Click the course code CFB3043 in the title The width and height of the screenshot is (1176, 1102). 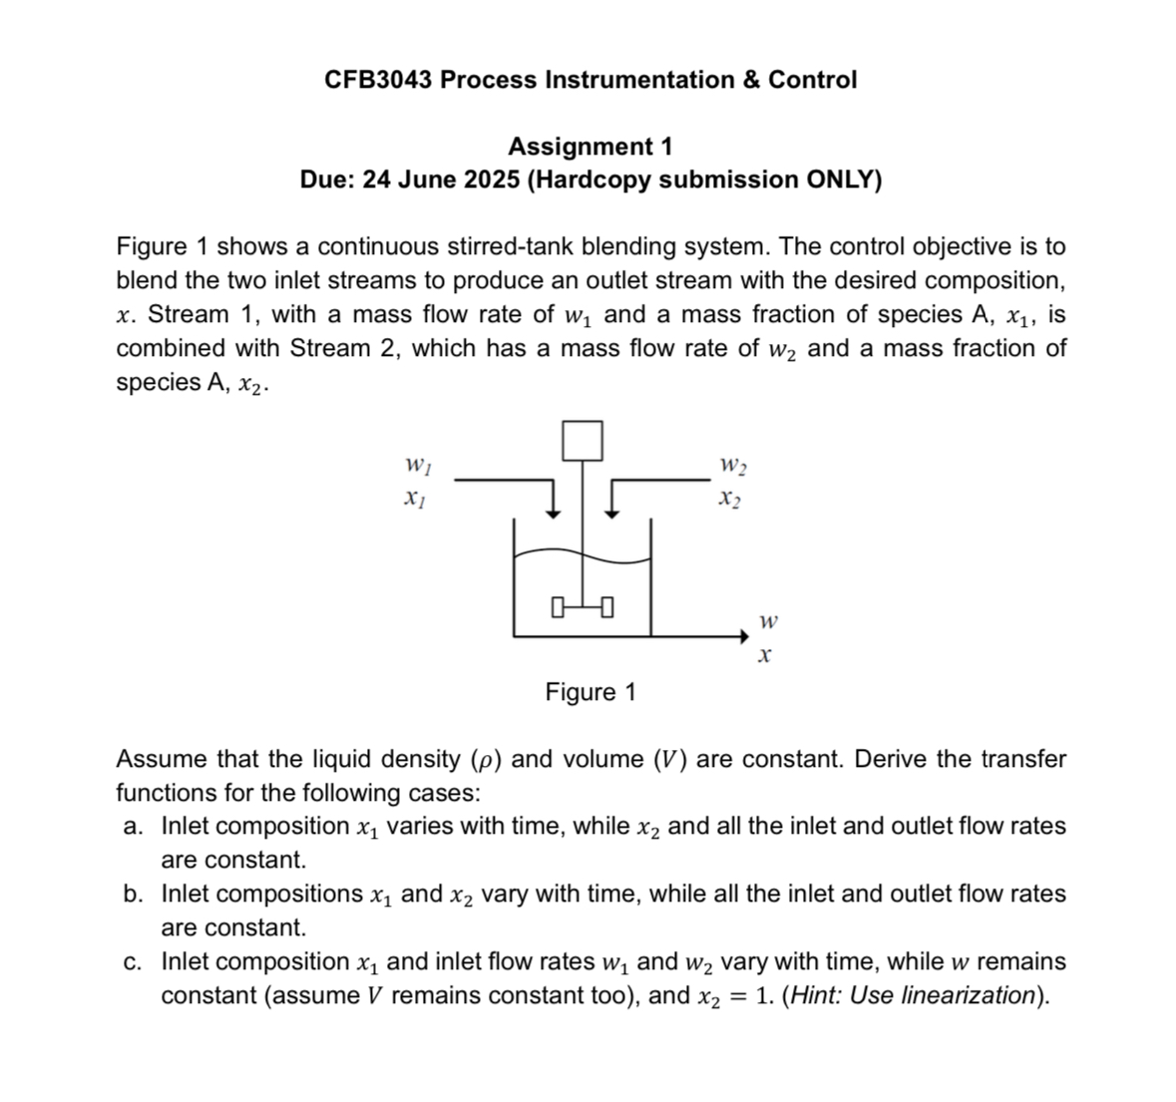(x=378, y=80)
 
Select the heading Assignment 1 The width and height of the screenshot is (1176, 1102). (x=590, y=147)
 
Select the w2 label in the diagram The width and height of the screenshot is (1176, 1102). (x=732, y=466)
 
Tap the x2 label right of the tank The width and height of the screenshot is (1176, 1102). (x=731, y=499)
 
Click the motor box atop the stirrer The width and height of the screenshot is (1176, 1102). (x=583, y=440)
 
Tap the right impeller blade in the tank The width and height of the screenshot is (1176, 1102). (x=606, y=605)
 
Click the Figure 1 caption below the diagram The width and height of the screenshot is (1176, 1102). (x=589, y=692)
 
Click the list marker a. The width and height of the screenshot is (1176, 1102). (x=133, y=827)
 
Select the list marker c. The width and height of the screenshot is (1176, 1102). (x=133, y=962)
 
